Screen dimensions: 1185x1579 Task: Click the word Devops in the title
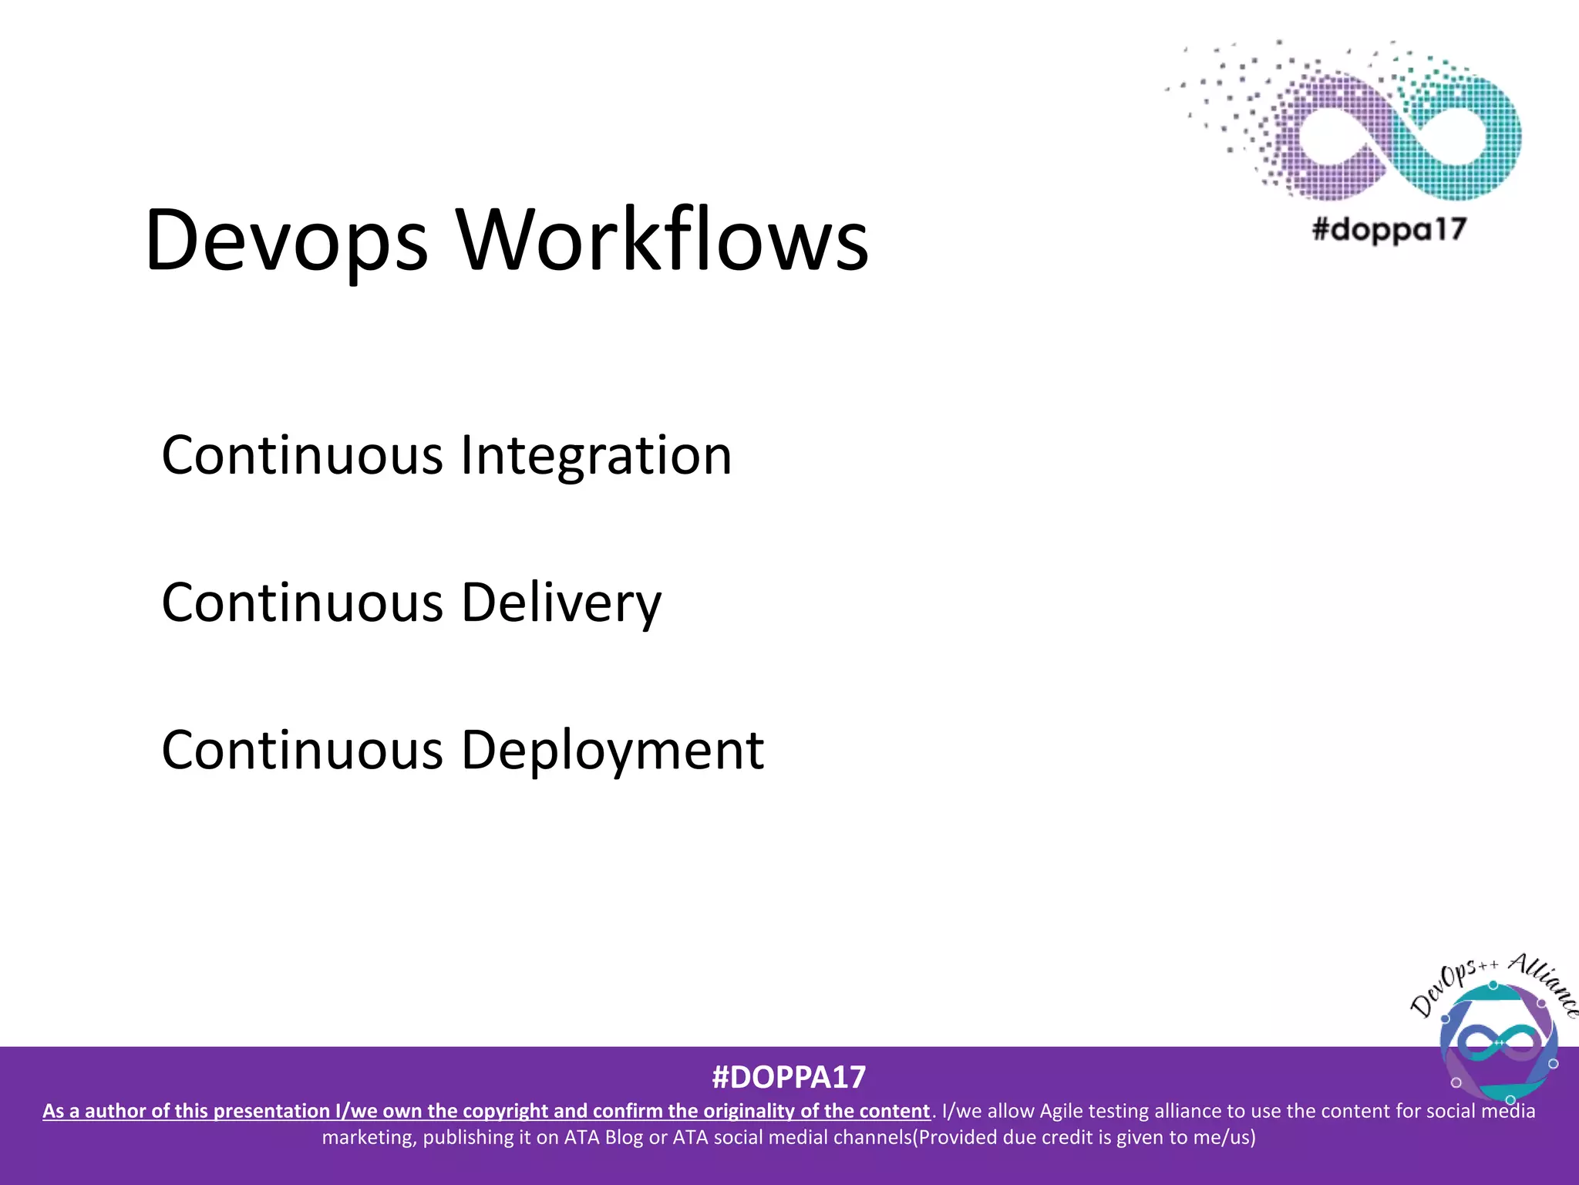(285, 241)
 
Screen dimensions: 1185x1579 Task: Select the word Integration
(595, 455)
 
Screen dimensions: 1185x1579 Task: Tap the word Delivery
(561, 603)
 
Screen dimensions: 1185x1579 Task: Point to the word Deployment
(612, 751)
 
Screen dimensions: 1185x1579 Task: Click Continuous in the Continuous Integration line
(302, 455)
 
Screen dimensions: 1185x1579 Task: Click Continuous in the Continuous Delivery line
(302, 603)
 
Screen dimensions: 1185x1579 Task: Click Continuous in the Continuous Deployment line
(302, 751)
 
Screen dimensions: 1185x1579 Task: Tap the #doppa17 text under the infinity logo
(1389, 229)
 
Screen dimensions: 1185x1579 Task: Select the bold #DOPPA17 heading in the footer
(789, 1077)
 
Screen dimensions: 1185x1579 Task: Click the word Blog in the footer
(624, 1137)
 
